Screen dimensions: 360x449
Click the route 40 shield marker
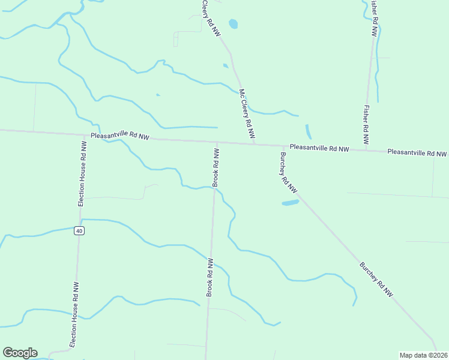click(79, 231)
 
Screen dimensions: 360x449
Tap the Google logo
click(20, 353)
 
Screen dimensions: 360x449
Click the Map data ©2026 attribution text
click(423, 355)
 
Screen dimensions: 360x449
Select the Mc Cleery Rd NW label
click(247, 115)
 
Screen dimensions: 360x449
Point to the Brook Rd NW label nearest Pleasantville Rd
click(215, 166)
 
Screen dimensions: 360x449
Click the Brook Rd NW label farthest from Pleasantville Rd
click(210, 277)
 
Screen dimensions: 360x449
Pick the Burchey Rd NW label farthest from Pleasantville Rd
click(376, 280)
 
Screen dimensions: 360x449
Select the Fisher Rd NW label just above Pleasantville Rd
click(366, 125)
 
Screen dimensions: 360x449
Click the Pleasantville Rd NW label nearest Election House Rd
click(119, 137)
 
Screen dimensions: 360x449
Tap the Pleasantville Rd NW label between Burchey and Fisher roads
click(318, 148)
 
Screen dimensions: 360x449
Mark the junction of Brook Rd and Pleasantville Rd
click(217, 142)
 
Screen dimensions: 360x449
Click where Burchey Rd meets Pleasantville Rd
click(283, 146)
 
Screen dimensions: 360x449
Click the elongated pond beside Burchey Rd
click(290, 203)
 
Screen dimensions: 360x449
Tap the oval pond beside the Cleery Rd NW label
click(233, 24)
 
